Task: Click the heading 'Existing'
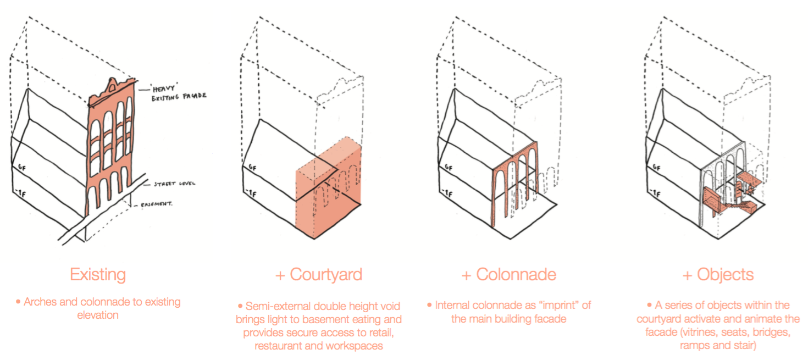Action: coord(97,274)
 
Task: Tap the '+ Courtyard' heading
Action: coord(319,274)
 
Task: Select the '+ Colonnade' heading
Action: coord(509,274)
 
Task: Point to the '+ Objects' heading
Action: coord(718,274)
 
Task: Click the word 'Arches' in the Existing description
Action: coord(40,302)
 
